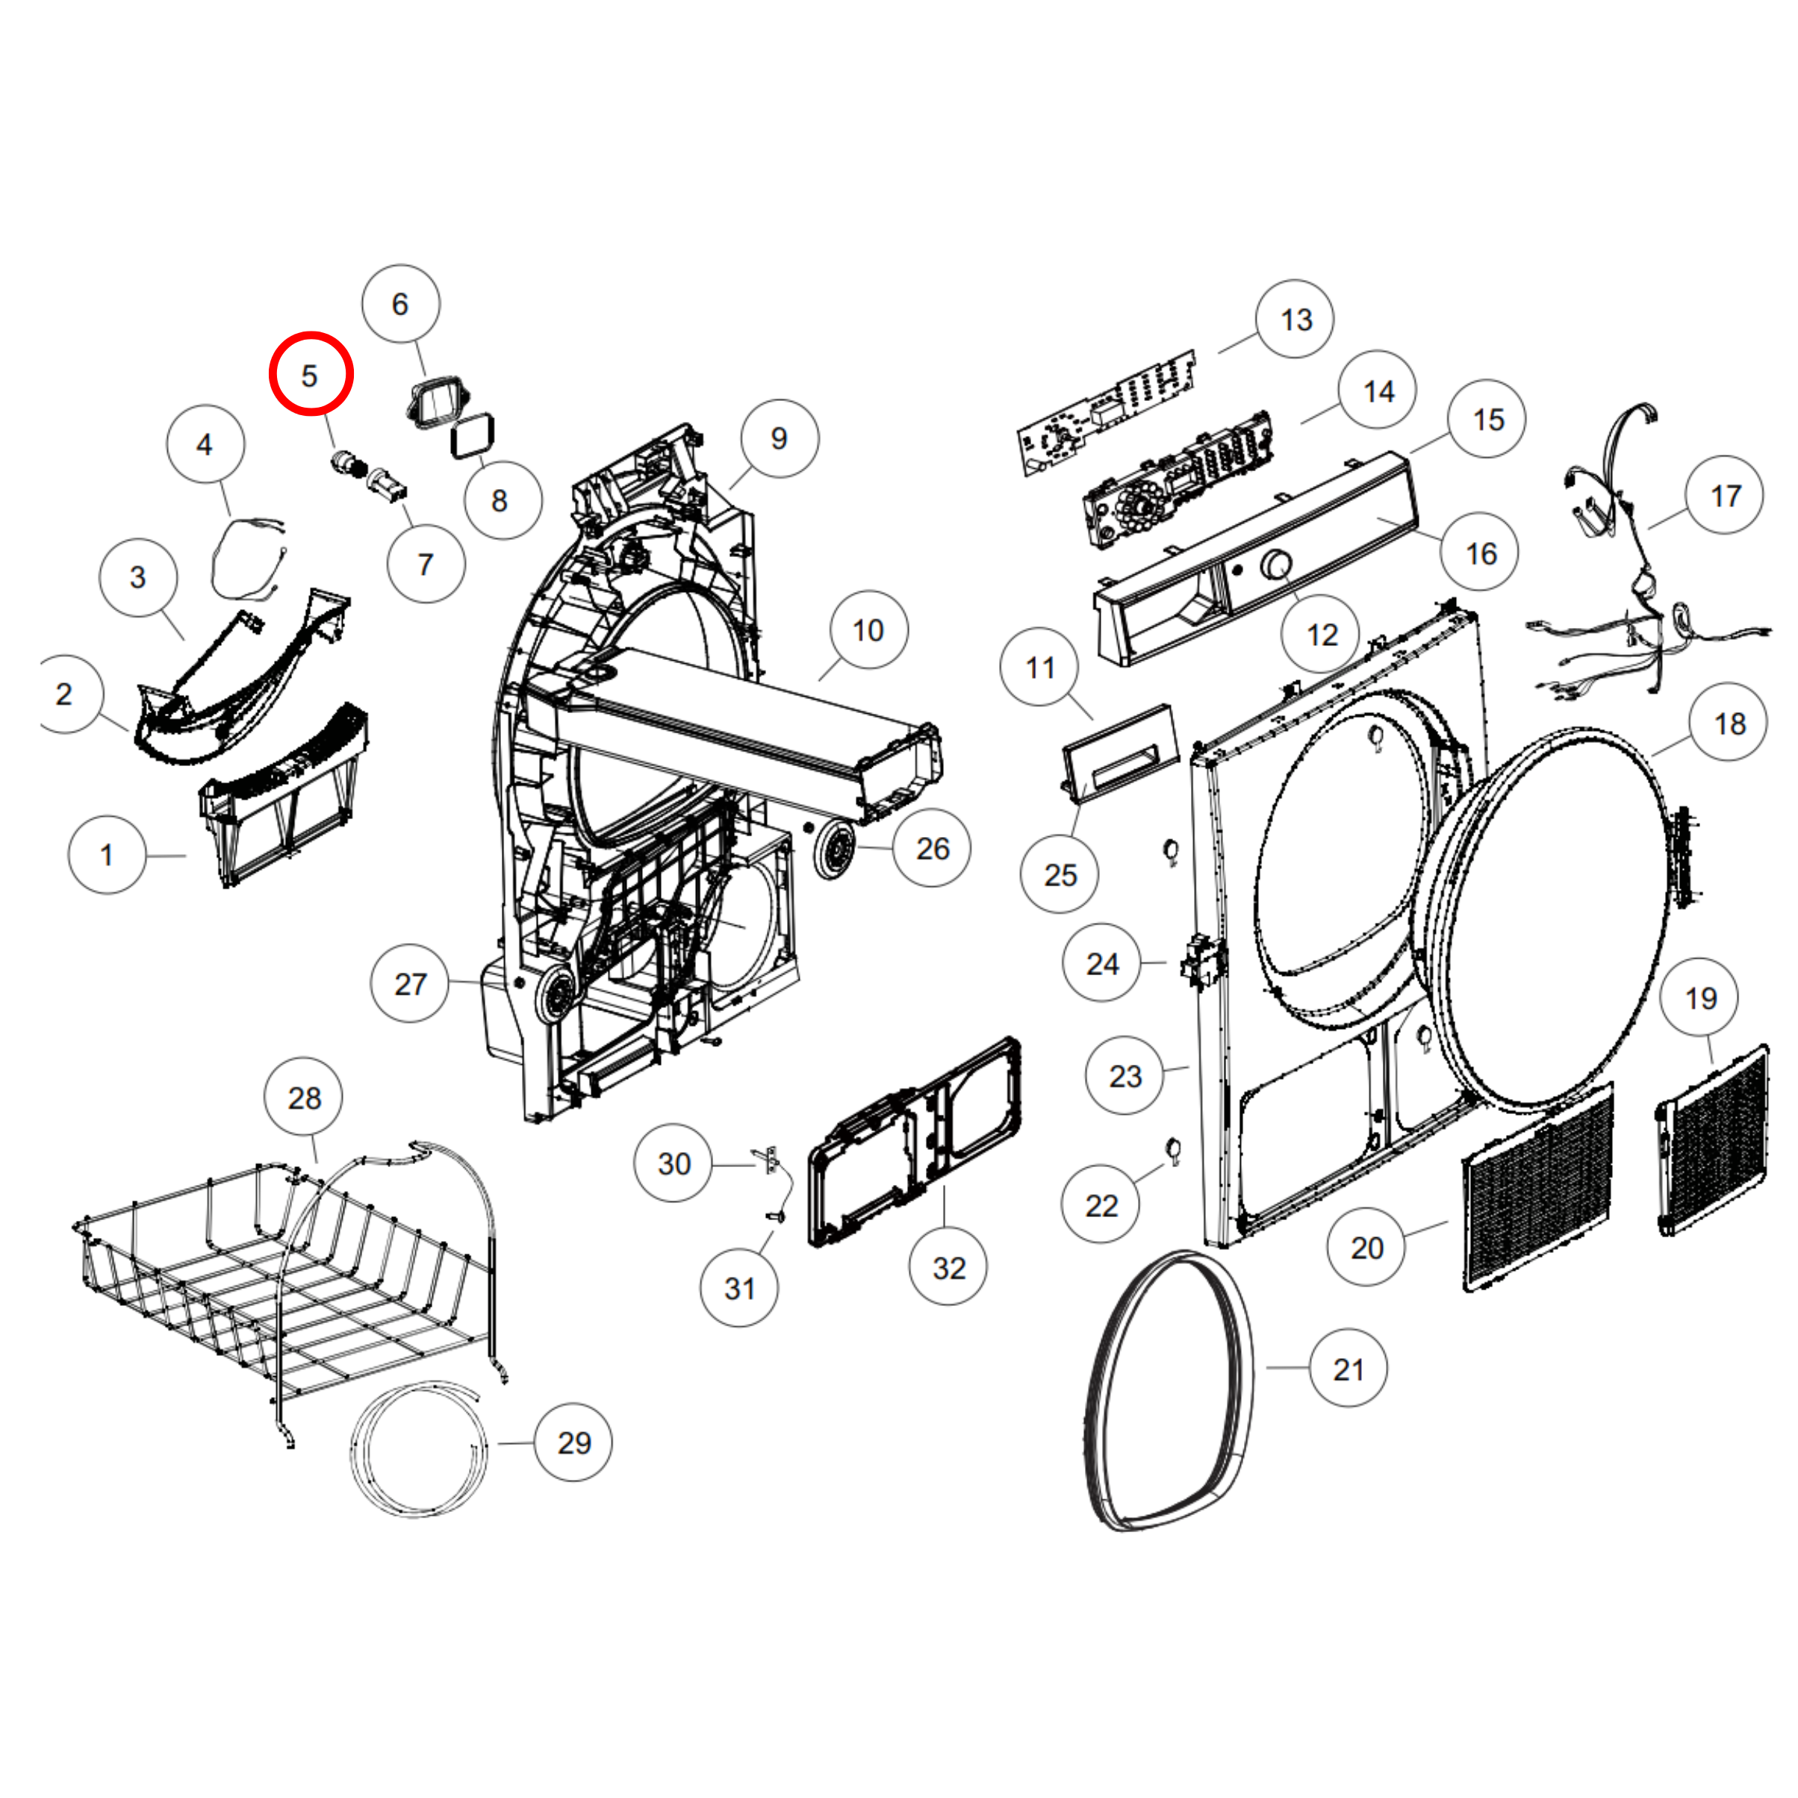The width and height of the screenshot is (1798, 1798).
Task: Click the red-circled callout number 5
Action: click(311, 374)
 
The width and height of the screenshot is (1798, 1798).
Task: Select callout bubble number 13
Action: click(1295, 320)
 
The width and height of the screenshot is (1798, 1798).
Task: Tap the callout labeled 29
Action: click(573, 1443)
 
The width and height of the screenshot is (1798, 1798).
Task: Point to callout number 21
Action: click(1348, 1368)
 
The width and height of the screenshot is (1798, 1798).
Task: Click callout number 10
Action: click(868, 630)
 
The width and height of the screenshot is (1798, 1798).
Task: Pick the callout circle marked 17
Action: click(1725, 495)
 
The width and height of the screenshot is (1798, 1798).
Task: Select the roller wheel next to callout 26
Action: click(835, 849)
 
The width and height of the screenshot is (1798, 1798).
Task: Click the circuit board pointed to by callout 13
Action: click(1107, 412)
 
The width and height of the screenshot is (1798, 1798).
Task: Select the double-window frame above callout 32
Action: click(915, 1141)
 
